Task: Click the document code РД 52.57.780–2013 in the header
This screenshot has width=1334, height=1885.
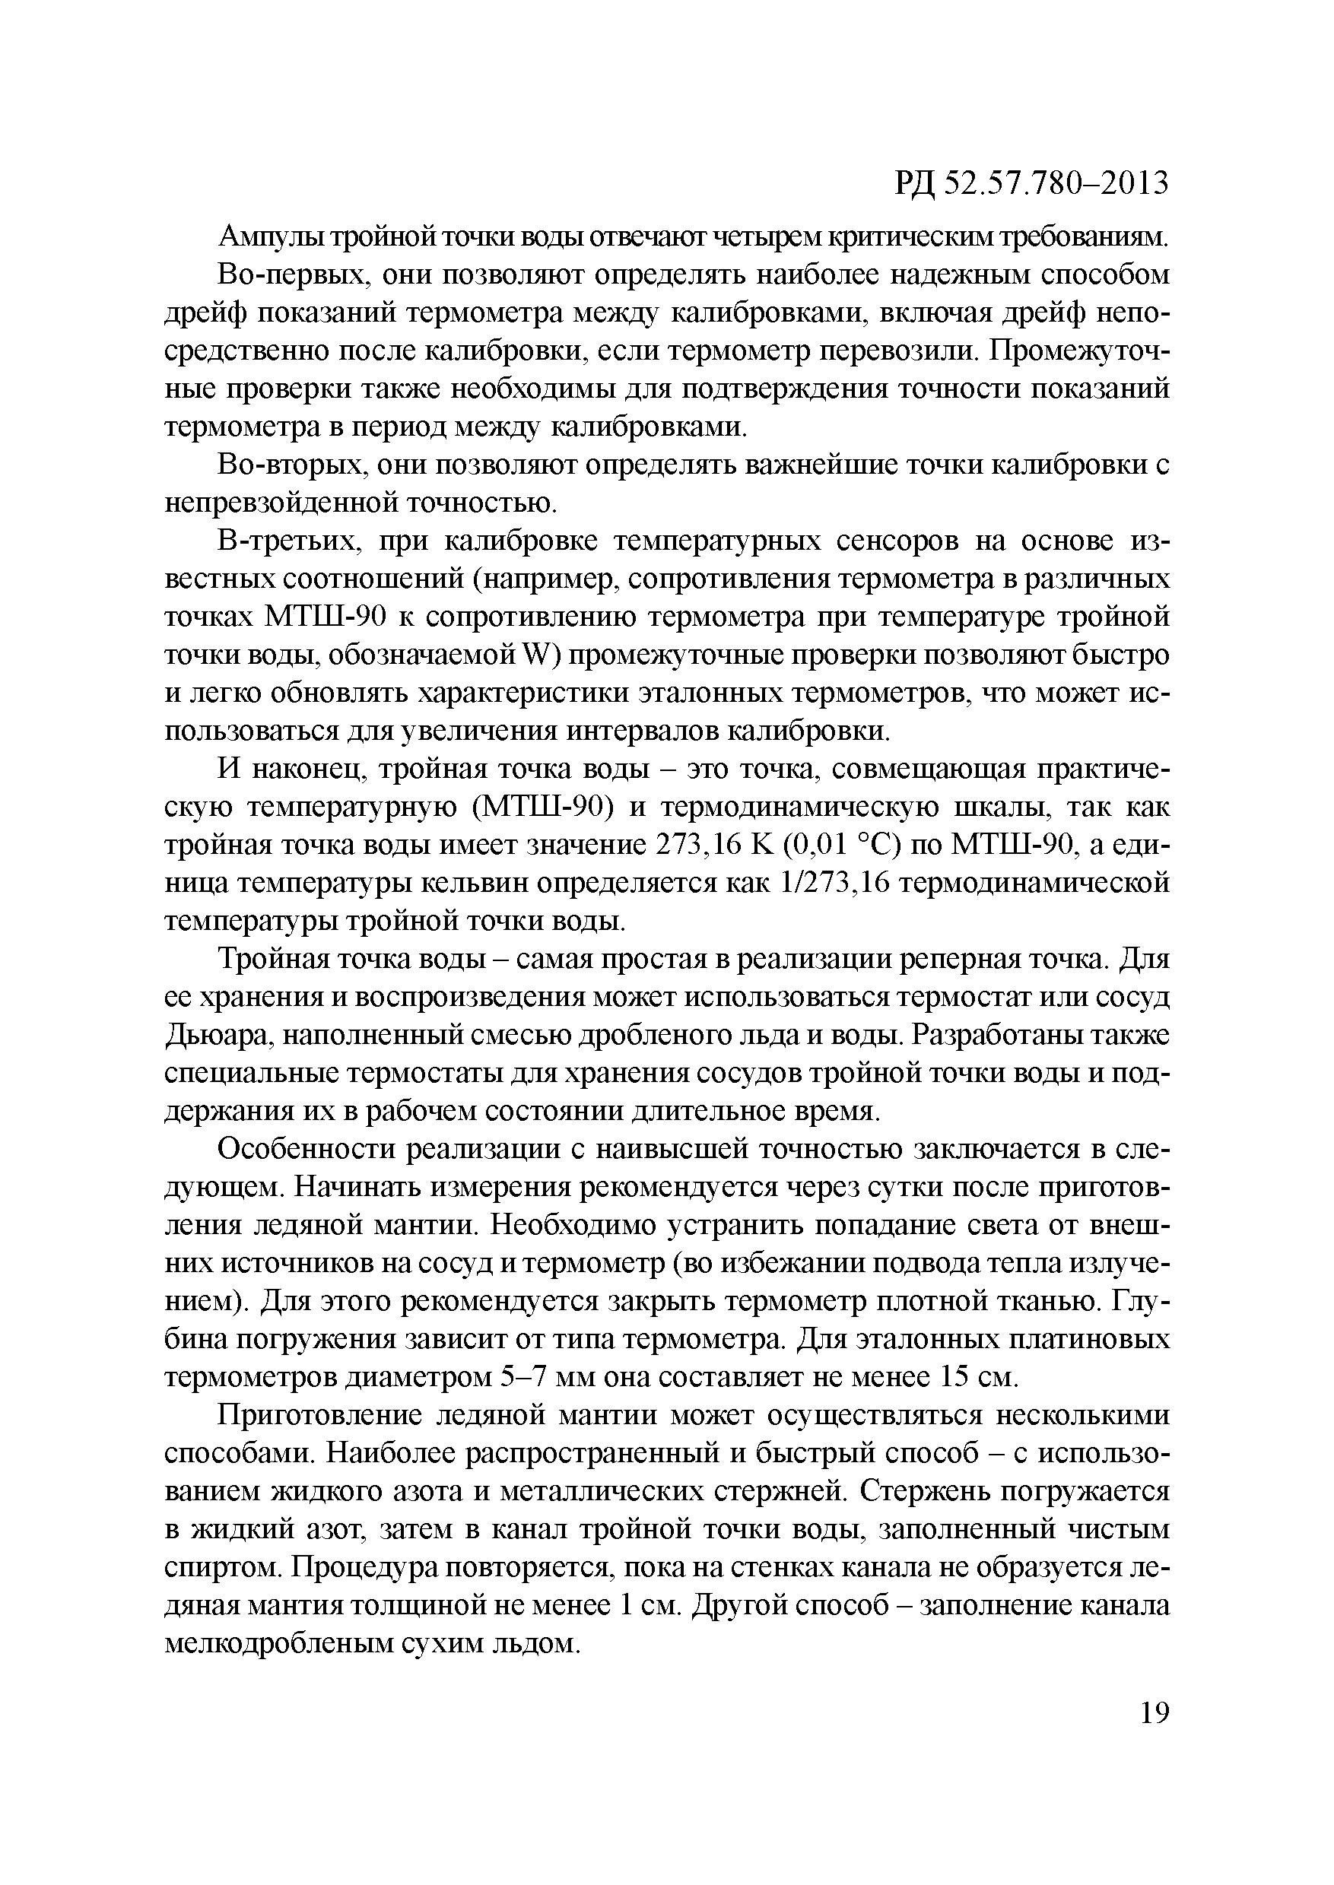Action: tap(1030, 183)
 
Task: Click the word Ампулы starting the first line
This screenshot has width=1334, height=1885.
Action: tap(270, 237)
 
